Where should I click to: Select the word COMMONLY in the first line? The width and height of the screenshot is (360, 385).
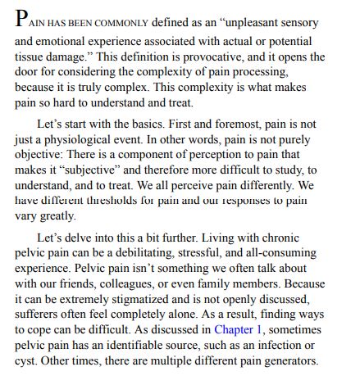point(121,24)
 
